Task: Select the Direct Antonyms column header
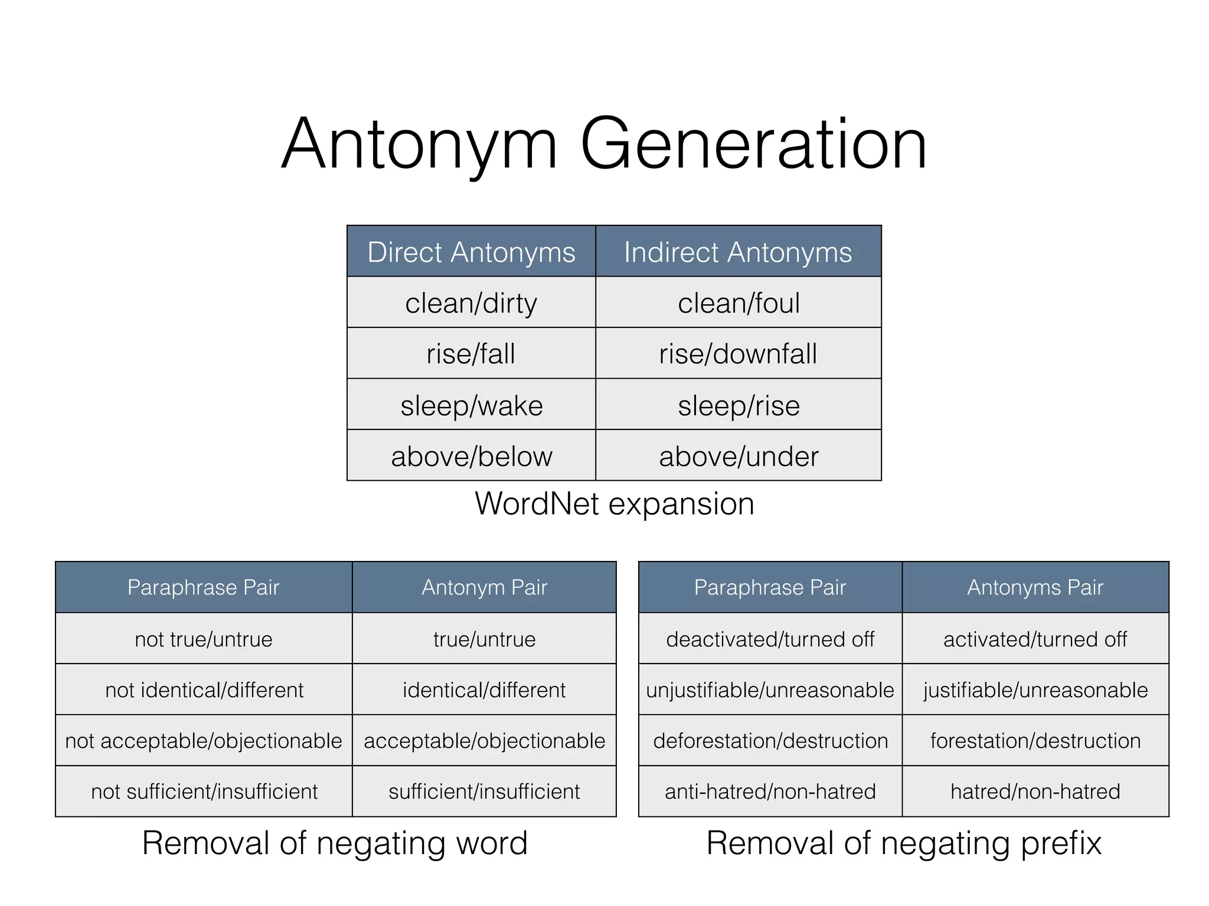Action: click(471, 252)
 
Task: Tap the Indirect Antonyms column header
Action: click(738, 252)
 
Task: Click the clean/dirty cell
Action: click(471, 303)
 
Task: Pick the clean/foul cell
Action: click(738, 303)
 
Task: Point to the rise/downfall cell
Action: click(738, 354)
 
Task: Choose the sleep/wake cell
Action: click(471, 405)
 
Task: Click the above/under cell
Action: click(738, 456)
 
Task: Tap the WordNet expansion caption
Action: click(615, 504)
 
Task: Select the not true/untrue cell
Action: click(204, 639)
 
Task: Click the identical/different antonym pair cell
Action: click(484, 690)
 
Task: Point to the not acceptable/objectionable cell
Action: click(204, 741)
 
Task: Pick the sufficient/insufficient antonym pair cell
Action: click(484, 792)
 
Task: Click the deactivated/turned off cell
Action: click(770, 639)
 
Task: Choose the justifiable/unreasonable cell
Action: click(1035, 690)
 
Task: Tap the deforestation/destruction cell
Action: click(770, 741)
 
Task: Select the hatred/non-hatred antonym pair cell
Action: click(1035, 792)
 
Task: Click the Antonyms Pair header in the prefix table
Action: click(1035, 587)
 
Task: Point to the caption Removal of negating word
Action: click(335, 843)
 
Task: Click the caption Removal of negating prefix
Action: click(904, 843)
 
